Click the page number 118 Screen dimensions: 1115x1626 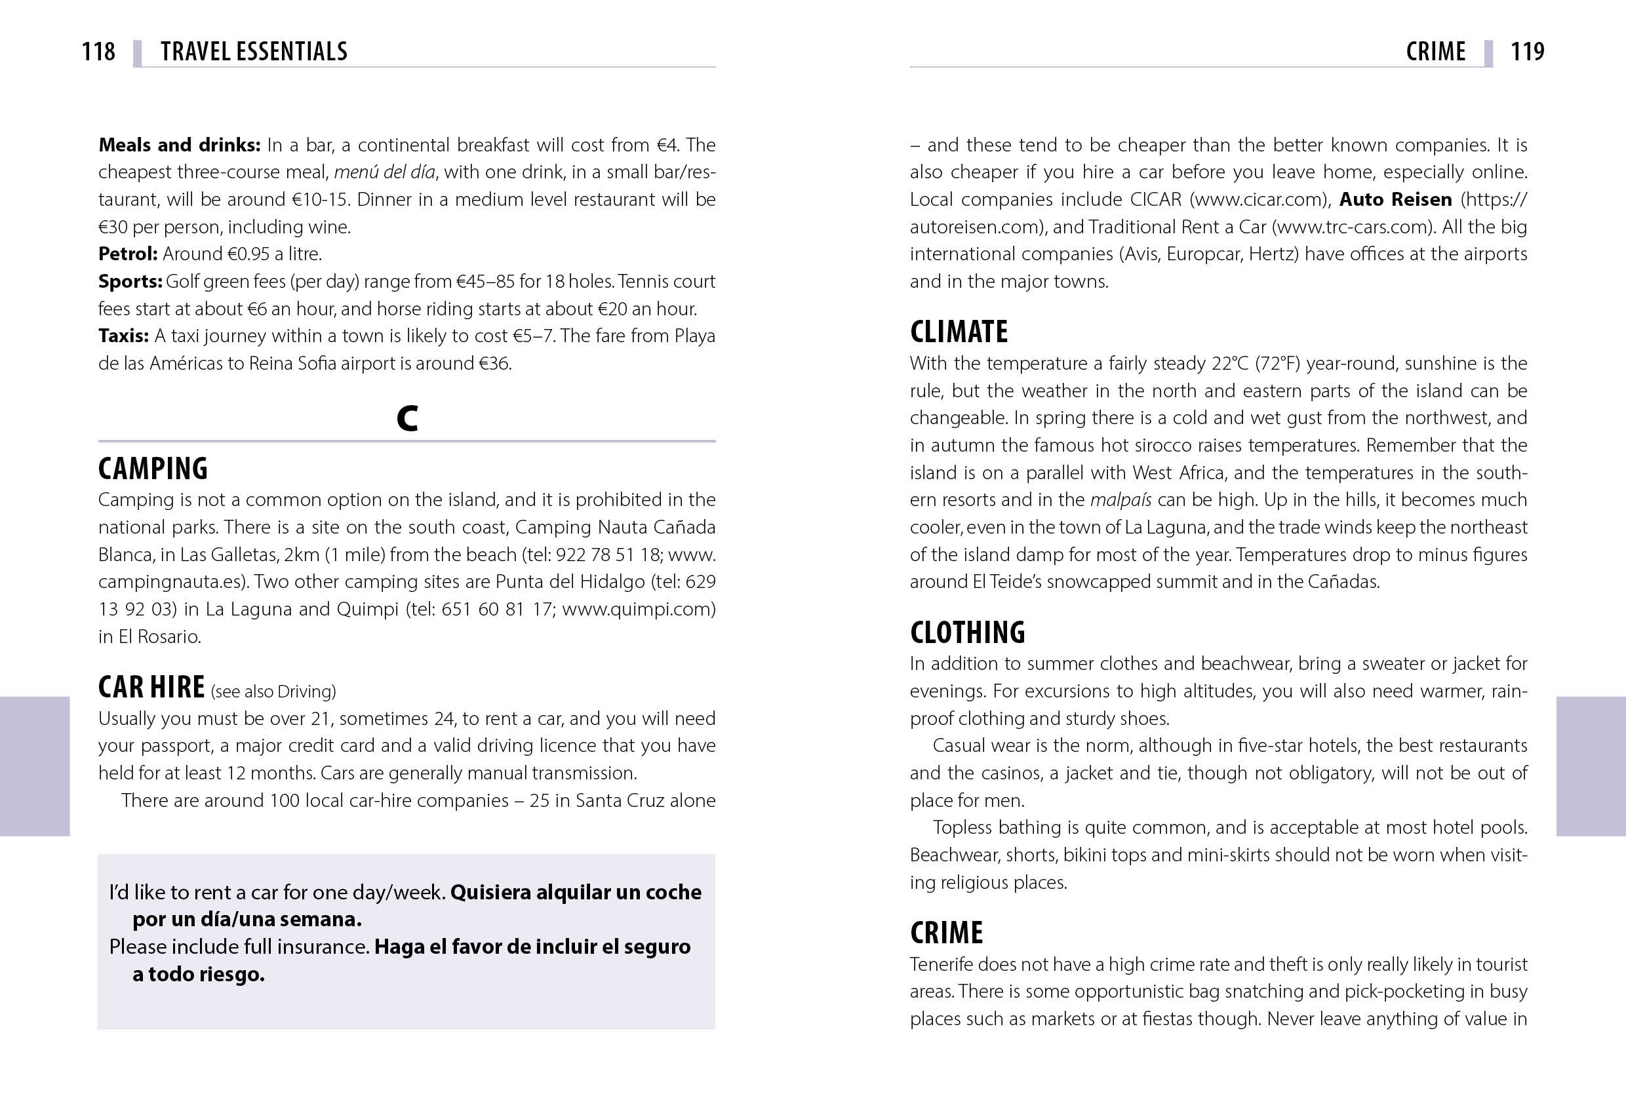[98, 51]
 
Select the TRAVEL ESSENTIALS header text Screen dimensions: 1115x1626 [253, 51]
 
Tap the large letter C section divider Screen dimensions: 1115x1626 [406, 418]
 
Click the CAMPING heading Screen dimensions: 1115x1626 [153, 469]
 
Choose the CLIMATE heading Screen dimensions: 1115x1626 [959, 332]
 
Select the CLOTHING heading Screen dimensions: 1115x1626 [967, 633]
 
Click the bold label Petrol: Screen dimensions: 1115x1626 [127, 254]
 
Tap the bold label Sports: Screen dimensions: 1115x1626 [130, 281]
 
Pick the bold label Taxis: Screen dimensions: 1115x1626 [123, 336]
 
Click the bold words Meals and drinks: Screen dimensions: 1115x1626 [179, 145]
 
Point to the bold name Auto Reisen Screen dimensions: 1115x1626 [1395, 199]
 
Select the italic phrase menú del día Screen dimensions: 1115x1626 [384, 172]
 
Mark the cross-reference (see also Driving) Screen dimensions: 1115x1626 [273, 692]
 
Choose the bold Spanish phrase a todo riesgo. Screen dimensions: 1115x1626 [198, 975]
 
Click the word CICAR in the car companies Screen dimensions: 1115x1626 [1155, 199]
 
